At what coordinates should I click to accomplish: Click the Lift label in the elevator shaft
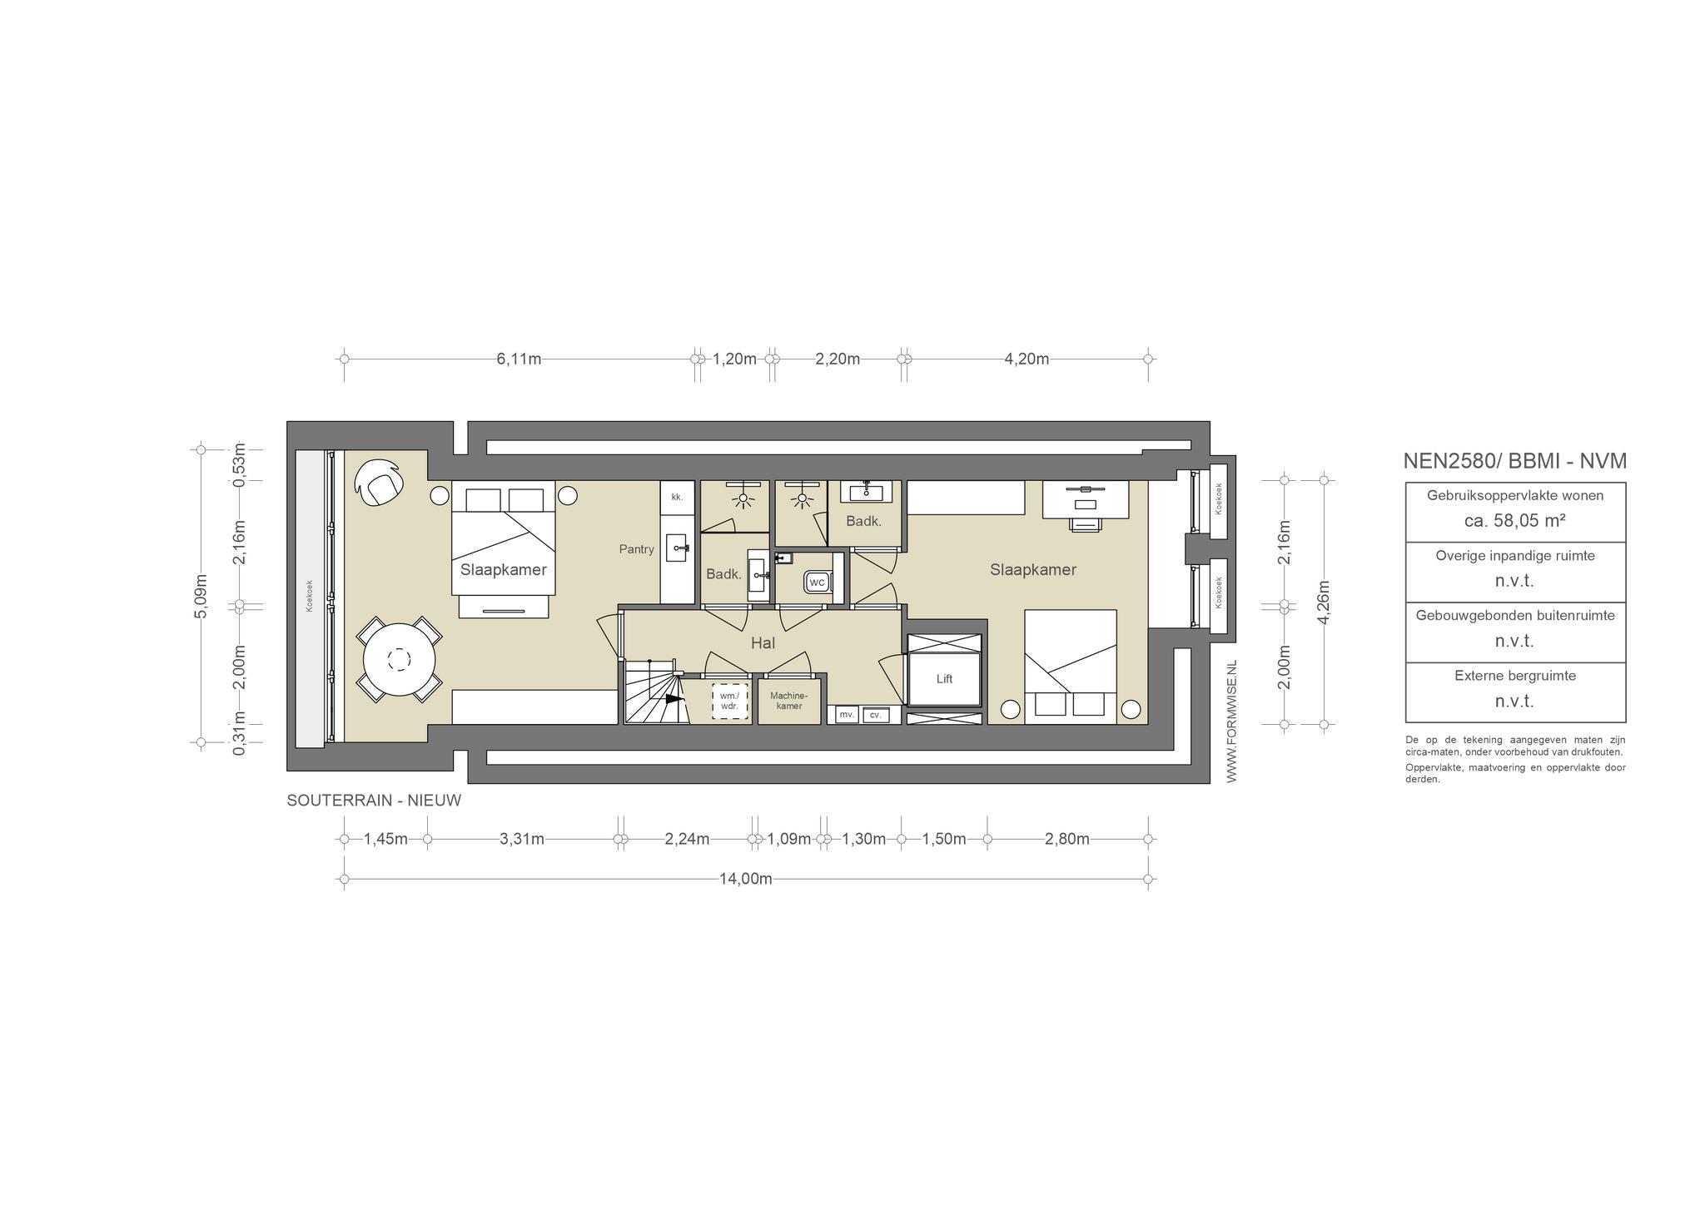tap(944, 679)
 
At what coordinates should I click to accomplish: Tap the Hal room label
tap(763, 642)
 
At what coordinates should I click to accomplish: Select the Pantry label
tap(636, 549)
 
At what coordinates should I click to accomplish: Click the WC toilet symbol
tap(817, 583)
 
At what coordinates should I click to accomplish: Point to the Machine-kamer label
tap(788, 701)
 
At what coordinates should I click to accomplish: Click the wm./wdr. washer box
tap(729, 701)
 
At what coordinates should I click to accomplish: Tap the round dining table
tap(399, 660)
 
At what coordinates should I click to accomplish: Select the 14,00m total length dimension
tap(745, 879)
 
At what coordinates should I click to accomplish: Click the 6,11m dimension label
tap(519, 359)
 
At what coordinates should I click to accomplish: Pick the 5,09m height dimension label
tap(201, 596)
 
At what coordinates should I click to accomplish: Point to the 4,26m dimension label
tap(1325, 601)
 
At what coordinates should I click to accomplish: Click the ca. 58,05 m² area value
tap(1515, 521)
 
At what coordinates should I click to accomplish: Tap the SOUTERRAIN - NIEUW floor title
tap(374, 801)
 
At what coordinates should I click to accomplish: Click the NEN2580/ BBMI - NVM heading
tap(1515, 461)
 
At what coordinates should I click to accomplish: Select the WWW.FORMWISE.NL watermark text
tap(1232, 722)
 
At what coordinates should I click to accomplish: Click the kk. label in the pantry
tap(677, 498)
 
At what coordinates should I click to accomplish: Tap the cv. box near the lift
tap(876, 715)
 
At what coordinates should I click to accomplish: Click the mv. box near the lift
tap(847, 715)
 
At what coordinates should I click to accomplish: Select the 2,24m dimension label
tap(687, 839)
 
